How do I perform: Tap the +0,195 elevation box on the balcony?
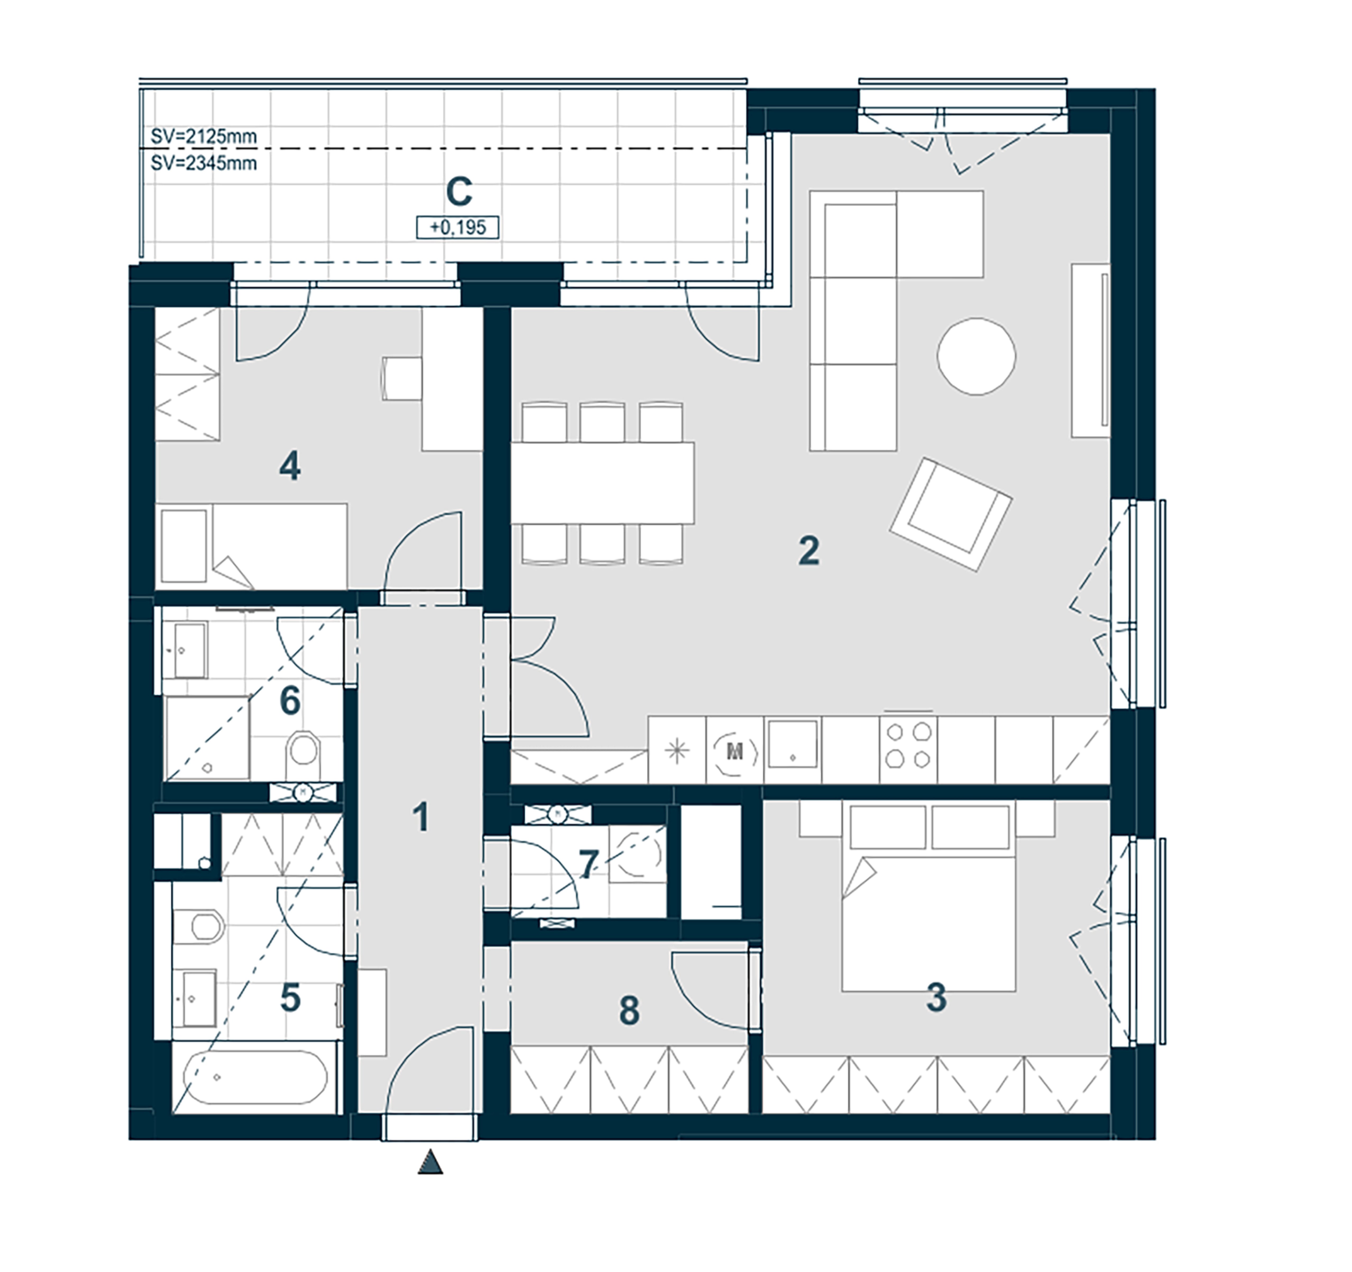pyautogui.click(x=458, y=227)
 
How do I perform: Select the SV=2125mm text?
pyautogui.click(x=203, y=137)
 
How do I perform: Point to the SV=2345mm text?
pyautogui.click(x=203, y=163)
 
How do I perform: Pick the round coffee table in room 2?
pyautogui.click(x=977, y=356)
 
